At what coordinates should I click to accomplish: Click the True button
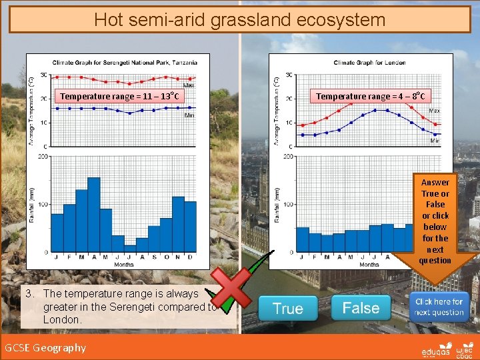click(287, 309)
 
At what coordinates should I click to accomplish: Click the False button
click(361, 308)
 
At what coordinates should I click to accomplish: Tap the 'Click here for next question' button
click(439, 307)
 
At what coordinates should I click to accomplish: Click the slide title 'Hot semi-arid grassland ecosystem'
click(239, 19)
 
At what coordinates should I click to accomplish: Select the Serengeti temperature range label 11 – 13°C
click(119, 97)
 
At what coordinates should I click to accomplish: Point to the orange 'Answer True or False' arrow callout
click(435, 221)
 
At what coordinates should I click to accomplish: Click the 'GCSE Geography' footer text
click(45, 347)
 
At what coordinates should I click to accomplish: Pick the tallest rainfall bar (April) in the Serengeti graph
click(93, 215)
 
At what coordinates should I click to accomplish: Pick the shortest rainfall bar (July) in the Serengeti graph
click(130, 248)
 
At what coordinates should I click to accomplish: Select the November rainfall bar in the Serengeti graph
click(178, 224)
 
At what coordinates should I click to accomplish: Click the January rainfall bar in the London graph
click(303, 239)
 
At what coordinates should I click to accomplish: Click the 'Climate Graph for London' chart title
click(369, 63)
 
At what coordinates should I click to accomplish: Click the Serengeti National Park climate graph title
click(125, 62)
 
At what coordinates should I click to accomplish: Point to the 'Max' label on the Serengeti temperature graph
click(189, 85)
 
